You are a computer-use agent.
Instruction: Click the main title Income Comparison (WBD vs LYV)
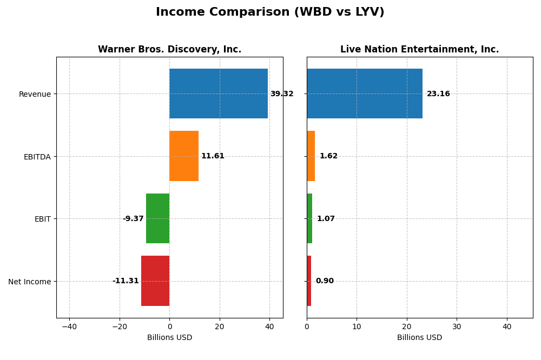(x=270, y=12)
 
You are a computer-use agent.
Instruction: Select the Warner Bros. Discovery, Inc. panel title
(x=169, y=49)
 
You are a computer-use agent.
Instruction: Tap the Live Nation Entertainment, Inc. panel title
(x=419, y=49)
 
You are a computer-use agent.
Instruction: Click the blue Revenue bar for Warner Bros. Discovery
(x=219, y=94)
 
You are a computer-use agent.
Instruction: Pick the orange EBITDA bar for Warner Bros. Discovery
(x=184, y=156)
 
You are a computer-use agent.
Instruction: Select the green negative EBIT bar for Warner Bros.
(x=157, y=218)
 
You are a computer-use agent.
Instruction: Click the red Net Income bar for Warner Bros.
(x=155, y=281)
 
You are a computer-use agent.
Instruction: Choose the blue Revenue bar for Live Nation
(x=365, y=94)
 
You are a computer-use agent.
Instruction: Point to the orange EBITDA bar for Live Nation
(x=311, y=156)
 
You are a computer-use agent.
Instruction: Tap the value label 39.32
(x=282, y=94)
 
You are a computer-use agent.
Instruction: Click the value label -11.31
(x=126, y=281)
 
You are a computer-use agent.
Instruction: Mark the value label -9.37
(x=133, y=219)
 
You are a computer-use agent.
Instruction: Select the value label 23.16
(x=438, y=94)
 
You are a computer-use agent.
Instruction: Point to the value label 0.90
(x=325, y=281)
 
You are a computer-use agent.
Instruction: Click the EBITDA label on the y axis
(x=37, y=157)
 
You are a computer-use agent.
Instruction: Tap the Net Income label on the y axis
(x=30, y=282)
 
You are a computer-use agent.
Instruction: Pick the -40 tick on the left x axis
(x=69, y=326)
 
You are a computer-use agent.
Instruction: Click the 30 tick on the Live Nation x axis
(x=457, y=326)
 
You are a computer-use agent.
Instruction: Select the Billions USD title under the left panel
(x=169, y=338)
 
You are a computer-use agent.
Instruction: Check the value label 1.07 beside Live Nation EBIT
(x=326, y=219)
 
